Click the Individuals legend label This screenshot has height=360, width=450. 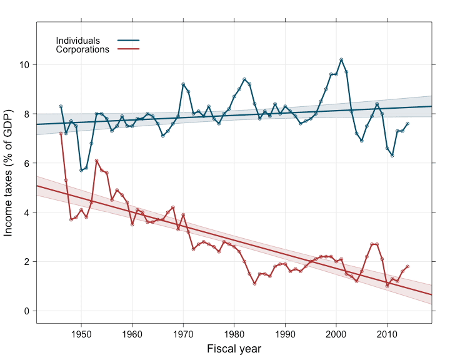click(77, 41)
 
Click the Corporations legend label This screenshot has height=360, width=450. click(82, 49)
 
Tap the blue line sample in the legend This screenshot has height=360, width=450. click(129, 41)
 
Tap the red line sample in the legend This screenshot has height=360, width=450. click(129, 49)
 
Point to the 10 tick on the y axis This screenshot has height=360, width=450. click(26, 65)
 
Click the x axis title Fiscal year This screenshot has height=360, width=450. click(234, 349)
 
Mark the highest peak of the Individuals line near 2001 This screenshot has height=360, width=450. click(341, 59)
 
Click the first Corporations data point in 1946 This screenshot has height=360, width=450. click(61, 133)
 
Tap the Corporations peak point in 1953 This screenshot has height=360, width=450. click(96, 161)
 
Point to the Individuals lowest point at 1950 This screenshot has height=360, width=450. click(81, 171)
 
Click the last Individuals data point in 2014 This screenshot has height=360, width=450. click(407, 124)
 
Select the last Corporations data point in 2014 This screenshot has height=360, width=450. click(407, 266)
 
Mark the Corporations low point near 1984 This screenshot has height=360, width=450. click(254, 284)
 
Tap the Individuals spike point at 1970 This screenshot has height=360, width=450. click(183, 84)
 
